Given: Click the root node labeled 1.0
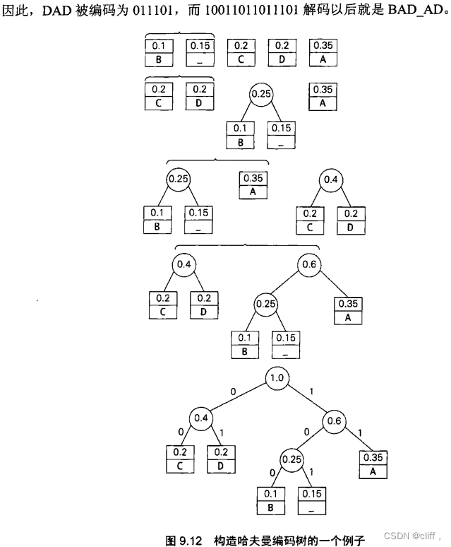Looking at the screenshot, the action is (x=277, y=379).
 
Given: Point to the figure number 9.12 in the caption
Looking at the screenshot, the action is (x=191, y=540).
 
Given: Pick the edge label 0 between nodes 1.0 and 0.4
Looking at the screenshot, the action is (x=232, y=391).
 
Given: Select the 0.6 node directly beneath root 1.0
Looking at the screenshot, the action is (x=335, y=421).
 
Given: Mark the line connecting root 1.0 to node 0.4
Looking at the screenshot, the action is (x=239, y=399).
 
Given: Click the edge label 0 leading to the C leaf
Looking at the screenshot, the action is (x=180, y=431).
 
